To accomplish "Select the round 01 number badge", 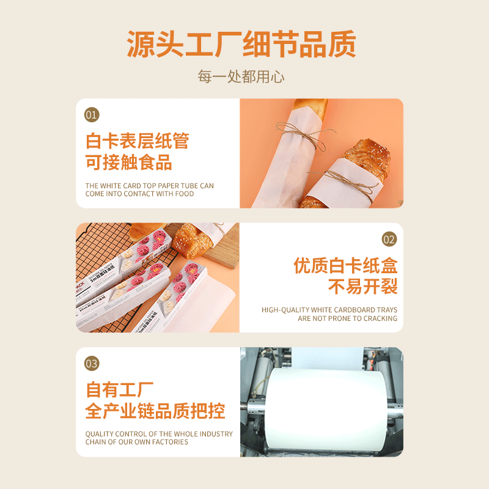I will pyautogui.click(x=91, y=114).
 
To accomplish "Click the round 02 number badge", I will pyautogui.click(x=389, y=239).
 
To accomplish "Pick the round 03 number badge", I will pyautogui.click(x=91, y=364).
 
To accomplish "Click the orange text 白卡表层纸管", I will pyautogui.click(x=137, y=141).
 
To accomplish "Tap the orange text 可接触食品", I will pyautogui.click(x=128, y=162).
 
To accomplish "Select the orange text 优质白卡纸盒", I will pyautogui.click(x=345, y=265).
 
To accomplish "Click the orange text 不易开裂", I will pyautogui.click(x=362, y=286).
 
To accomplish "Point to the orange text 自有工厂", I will pyautogui.click(x=120, y=389).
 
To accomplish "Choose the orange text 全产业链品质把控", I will pyautogui.click(x=155, y=411).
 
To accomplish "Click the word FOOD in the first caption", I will pyautogui.click(x=183, y=194).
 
